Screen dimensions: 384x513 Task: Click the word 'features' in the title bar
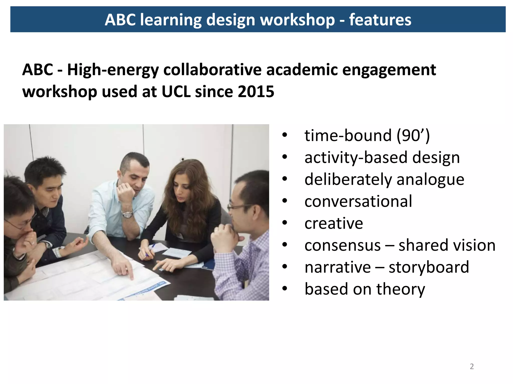click(x=380, y=20)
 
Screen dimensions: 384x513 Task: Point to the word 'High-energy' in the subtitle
click(x=113, y=70)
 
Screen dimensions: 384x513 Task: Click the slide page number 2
click(x=472, y=366)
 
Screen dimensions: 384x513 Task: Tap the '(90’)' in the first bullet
click(x=413, y=136)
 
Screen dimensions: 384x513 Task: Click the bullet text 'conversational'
click(x=358, y=201)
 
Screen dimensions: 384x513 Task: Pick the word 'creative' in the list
click(x=334, y=223)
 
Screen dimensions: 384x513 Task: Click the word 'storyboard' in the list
click(x=429, y=267)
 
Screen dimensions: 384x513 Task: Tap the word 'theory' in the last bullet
click(x=401, y=289)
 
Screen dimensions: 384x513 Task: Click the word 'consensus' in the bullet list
click(x=342, y=245)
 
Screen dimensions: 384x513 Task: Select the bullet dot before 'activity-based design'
click(x=285, y=157)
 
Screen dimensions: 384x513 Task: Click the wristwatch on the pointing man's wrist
click(x=127, y=214)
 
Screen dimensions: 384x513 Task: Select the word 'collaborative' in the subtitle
click(x=213, y=70)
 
